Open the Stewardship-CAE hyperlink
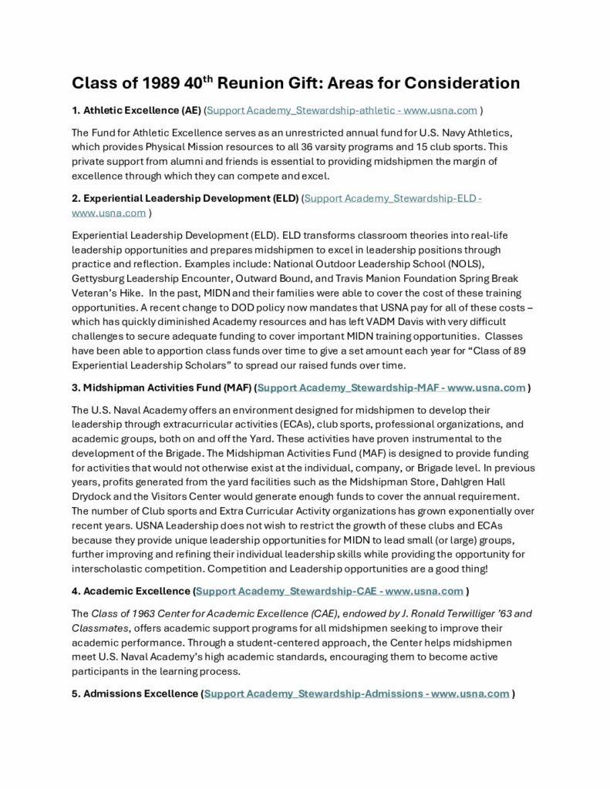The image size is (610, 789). pyautogui.click(x=329, y=591)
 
